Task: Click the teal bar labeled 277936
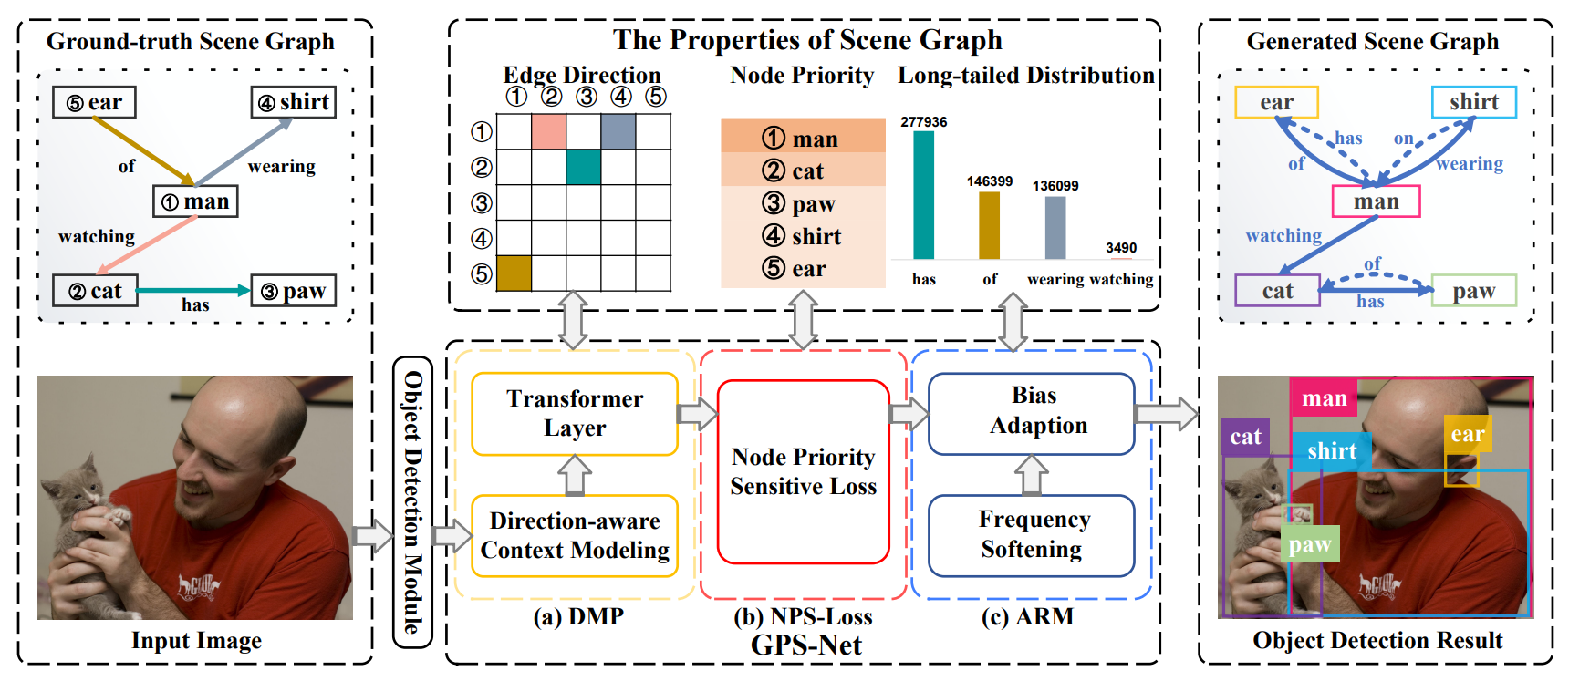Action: pos(923,195)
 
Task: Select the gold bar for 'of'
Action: pos(989,225)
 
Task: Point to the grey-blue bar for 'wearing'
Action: pos(1055,228)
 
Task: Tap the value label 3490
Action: pos(1121,248)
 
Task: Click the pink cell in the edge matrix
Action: pos(548,131)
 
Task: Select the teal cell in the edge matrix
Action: pos(583,167)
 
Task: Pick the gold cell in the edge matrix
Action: pos(514,273)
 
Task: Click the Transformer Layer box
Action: pos(575,414)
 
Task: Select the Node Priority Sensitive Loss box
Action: pos(804,471)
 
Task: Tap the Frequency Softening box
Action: pos(1032,535)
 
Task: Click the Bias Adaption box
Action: pos(1032,413)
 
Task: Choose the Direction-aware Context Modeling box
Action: pos(575,536)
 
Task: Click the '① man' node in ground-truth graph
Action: pos(195,201)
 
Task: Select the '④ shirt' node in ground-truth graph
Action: pos(294,102)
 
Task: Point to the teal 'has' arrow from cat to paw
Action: pos(193,290)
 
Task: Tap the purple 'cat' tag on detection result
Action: pos(1245,437)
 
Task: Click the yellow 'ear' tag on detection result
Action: pos(1468,434)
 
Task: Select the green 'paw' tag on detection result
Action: pos(1310,544)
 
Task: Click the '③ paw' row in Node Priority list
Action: pos(803,203)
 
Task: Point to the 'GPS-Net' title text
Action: pos(806,645)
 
